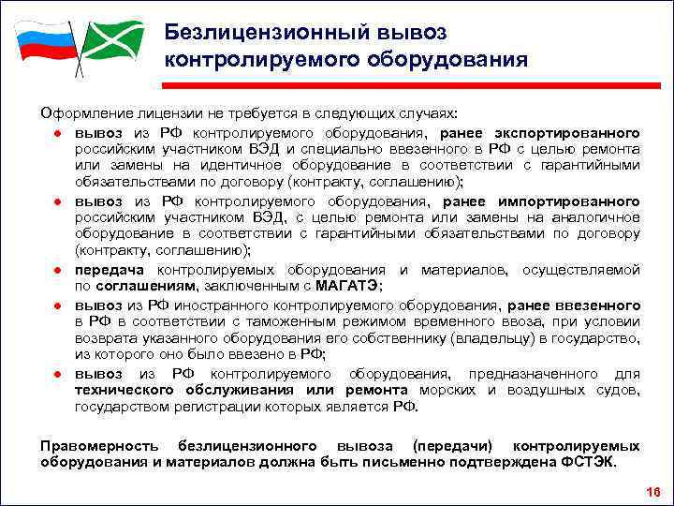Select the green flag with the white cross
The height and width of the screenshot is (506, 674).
click(111, 39)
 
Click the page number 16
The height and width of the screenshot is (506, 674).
click(652, 493)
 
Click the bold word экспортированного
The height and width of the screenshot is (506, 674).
click(574, 131)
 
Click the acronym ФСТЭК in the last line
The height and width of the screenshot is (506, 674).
click(592, 462)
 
